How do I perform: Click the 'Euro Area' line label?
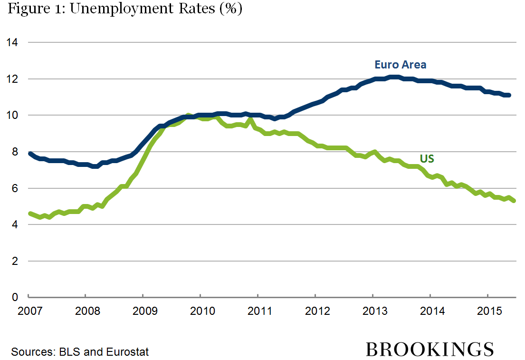click(x=400, y=65)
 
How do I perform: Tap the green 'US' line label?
click(x=427, y=159)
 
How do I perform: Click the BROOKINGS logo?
click(x=430, y=350)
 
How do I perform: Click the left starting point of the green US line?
click(x=30, y=214)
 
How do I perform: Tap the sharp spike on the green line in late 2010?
click(x=251, y=119)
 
